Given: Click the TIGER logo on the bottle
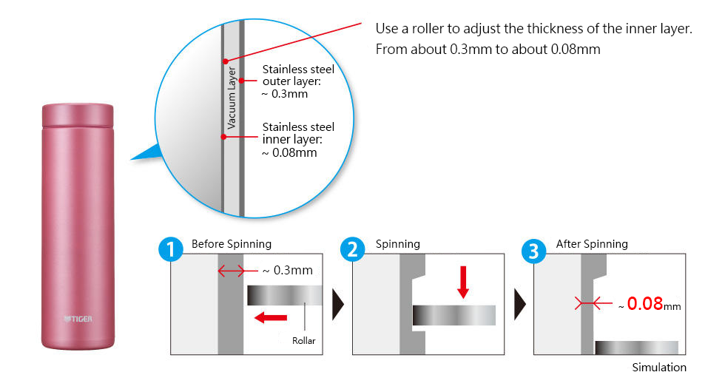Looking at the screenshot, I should pos(78,319).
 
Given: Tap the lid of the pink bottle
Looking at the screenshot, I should pos(78,115).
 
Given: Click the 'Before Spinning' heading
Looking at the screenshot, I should pos(232,244).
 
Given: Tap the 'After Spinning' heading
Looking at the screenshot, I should pos(592,244).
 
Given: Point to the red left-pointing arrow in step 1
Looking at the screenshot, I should pos(271,318).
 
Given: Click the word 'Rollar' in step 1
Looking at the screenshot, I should pos(303,341).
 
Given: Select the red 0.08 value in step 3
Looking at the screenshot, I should pos(644,304).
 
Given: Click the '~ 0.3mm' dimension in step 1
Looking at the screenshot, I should pos(288,270).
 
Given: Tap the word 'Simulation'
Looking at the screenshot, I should pos(659,367).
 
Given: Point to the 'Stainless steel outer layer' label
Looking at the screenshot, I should pos(298,81).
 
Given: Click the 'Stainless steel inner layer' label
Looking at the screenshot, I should pos(298,140).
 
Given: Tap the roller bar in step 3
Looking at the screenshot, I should pos(636,348).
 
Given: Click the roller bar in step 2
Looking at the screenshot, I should pos(454,315).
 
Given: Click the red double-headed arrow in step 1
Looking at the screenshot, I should pos(231,271).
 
